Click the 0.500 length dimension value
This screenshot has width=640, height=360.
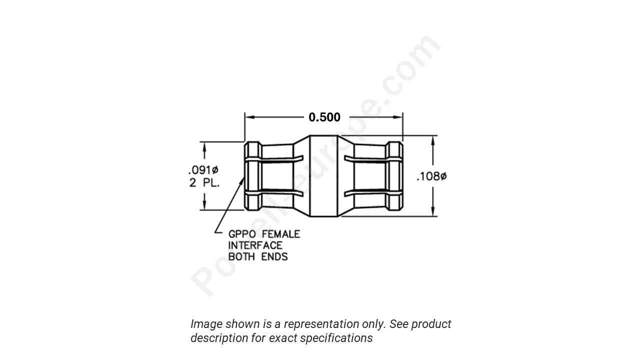click(324, 117)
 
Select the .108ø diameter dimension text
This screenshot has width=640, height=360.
click(431, 176)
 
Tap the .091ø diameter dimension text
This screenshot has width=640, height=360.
click(203, 170)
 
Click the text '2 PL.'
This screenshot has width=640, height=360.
click(204, 183)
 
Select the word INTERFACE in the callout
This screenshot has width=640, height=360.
click(255, 245)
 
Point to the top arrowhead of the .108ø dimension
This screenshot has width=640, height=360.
click(433, 140)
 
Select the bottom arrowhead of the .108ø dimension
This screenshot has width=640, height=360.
click(433, 211)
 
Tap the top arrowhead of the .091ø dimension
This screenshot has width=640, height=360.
click(204, 146)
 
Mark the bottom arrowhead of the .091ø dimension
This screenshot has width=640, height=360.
click(204, 205)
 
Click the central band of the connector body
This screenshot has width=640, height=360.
click(324, 176)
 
